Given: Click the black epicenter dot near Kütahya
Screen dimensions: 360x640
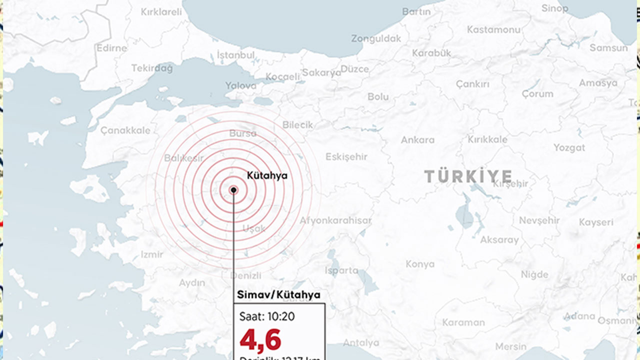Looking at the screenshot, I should click(233, 190).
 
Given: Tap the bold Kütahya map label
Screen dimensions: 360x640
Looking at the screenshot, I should click(267, 175).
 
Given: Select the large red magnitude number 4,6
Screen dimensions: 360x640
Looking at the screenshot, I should click(260, 340).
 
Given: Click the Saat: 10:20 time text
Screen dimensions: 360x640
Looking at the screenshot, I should click(267, 316).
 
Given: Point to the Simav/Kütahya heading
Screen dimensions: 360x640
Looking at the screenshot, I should click(278, 295).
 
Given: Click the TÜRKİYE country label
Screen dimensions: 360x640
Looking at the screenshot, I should click(468, 176).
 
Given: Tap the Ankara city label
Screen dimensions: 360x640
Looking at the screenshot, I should click(417, 140).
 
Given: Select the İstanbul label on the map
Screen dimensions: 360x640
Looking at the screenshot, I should click(236, 55).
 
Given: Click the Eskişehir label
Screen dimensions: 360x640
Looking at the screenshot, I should click(346, 156).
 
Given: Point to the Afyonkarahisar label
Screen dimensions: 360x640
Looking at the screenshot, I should click(335, 220).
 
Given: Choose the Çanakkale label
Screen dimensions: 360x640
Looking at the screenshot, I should click(125, 130).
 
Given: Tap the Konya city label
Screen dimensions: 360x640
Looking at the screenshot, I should click(420, 264).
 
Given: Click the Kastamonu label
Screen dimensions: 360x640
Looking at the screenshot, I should click(493, 29).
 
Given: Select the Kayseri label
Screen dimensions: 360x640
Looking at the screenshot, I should click(596, 222).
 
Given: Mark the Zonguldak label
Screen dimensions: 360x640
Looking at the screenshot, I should click(376, 38).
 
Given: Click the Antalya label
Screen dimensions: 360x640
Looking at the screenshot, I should click(361, 343).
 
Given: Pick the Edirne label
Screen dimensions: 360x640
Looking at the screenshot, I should click(112, 48).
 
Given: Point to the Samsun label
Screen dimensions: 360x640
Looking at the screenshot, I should click(608, 48).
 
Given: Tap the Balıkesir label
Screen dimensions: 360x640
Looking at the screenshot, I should click(184, 158).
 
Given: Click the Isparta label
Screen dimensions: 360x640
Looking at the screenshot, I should click(341, 270).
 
